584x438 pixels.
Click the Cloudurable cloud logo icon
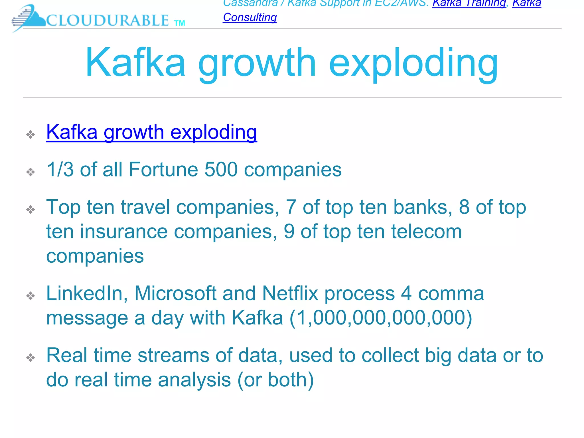point(29,18)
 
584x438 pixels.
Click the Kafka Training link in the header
point(469,3)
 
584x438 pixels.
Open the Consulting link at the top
point(250,17)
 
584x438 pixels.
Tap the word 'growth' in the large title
point(257,63)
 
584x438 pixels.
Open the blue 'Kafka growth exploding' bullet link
point(151,132)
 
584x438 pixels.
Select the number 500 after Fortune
point(221,169)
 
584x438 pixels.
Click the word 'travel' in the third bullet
point(145,207)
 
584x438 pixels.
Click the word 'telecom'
point(426,232)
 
